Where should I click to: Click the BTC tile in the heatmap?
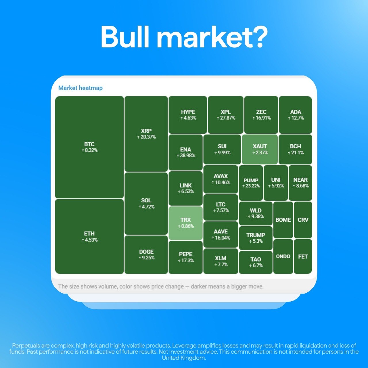pyautogui.click(x=89, y=147)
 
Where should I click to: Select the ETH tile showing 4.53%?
pyautogui.click(x=89, y=236)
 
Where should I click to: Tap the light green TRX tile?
pyautogui.click(x=186, y=223)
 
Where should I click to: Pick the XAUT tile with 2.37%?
pyautogui.click(x=260, y=149)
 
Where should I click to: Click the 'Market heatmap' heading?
pyautogui.click(x=80, y=88)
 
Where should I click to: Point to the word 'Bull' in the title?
pyautogui.click(x=125, y=37)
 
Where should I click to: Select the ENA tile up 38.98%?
pyautogui.click(x=186, y=152)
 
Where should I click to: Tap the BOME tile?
pyautogui.click(x=283, y=220)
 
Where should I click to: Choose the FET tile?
pyautogui.click(x=303, y=256)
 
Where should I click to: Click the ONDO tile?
pyautogui.click(x=283, y=256)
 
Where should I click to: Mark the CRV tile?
pyautogui.click(x=303, y=220)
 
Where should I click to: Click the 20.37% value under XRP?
pyautogui.click(x=146, y=137)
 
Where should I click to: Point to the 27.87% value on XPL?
pyautogui.click(x=226, y=118)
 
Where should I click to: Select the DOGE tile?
pyautogui.click(x=146, y=255)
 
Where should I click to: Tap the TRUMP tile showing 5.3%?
pyautogui.click(x=256, y=238)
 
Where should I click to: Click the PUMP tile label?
pyautogui.click(x=251, y=180)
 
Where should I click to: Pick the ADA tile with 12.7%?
pyautogui.click(x=296, y=115)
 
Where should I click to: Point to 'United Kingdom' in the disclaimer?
pyautogui.click(x=184, y=358)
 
